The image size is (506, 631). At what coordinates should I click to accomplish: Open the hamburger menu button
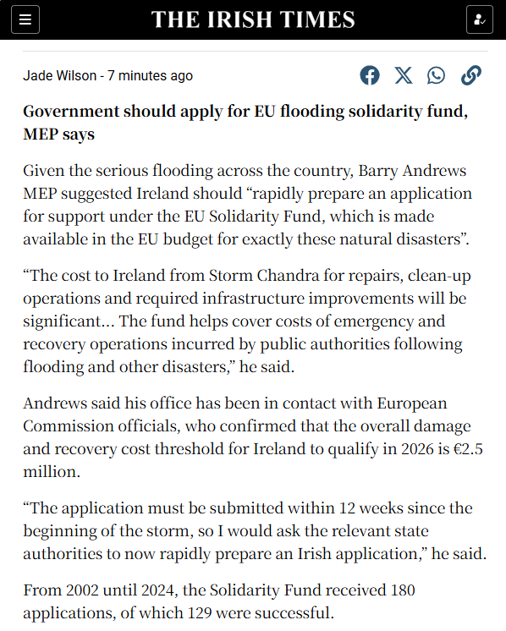(x=25, y=19)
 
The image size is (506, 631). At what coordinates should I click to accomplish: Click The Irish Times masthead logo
(x=253, y=19)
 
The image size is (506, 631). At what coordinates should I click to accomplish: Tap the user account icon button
(x=480, y=19)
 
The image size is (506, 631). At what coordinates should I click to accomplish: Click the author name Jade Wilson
(x=59, y=76)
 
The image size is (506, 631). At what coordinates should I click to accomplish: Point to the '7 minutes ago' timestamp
(x=150, y=76)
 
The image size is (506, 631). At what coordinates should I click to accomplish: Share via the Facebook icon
(x=370, y=75)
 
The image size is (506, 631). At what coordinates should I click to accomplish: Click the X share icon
(x=404, y=75)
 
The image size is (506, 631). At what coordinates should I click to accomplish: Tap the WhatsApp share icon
(x=436, y=75)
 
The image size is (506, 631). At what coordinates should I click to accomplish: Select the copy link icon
(x=470, y=75)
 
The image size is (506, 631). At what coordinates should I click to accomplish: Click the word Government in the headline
(x=75, y=112)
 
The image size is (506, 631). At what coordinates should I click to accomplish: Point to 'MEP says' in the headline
(x=59, y=134)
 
